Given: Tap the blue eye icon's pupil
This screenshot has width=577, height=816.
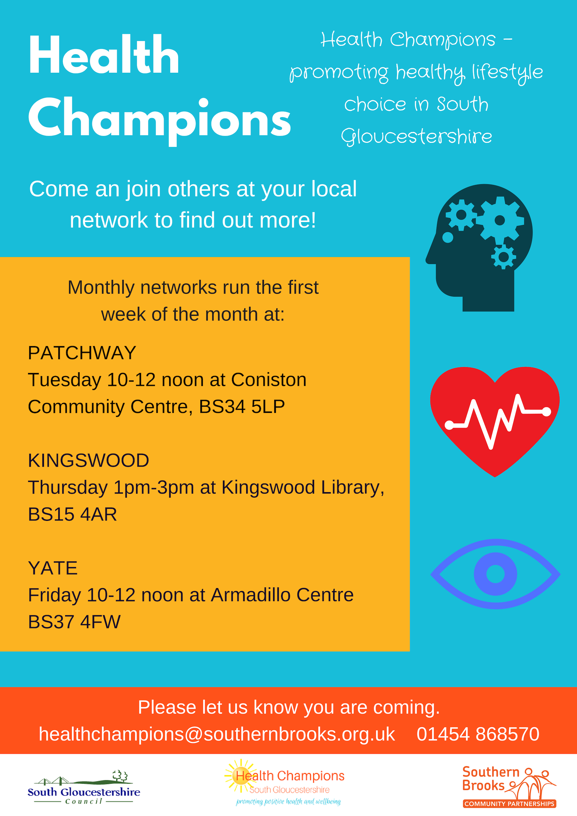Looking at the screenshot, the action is click(495, 574).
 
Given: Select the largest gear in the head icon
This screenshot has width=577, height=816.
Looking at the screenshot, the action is click(500, 220).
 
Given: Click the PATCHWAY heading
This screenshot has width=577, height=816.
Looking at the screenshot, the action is click(82, 353).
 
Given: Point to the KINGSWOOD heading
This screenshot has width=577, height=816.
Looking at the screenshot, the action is click(88, 461).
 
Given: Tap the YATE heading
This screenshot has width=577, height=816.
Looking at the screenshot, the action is click(53, 568).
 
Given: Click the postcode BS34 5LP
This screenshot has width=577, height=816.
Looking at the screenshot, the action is click(242, 407).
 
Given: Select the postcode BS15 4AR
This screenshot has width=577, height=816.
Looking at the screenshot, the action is click(72, 514).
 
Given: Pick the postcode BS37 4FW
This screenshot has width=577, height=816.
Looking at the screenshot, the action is click(74, 622).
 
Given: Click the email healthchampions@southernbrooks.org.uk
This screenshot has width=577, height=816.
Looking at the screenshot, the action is click(217, 734).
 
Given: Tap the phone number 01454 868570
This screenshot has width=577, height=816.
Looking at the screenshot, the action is click(478, 734).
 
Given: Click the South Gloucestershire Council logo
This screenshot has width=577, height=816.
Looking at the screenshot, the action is click(84, 787).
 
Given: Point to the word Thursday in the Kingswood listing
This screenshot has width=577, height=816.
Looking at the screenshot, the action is click(68, 487).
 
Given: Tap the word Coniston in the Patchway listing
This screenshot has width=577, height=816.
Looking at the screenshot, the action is click(269, 380).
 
